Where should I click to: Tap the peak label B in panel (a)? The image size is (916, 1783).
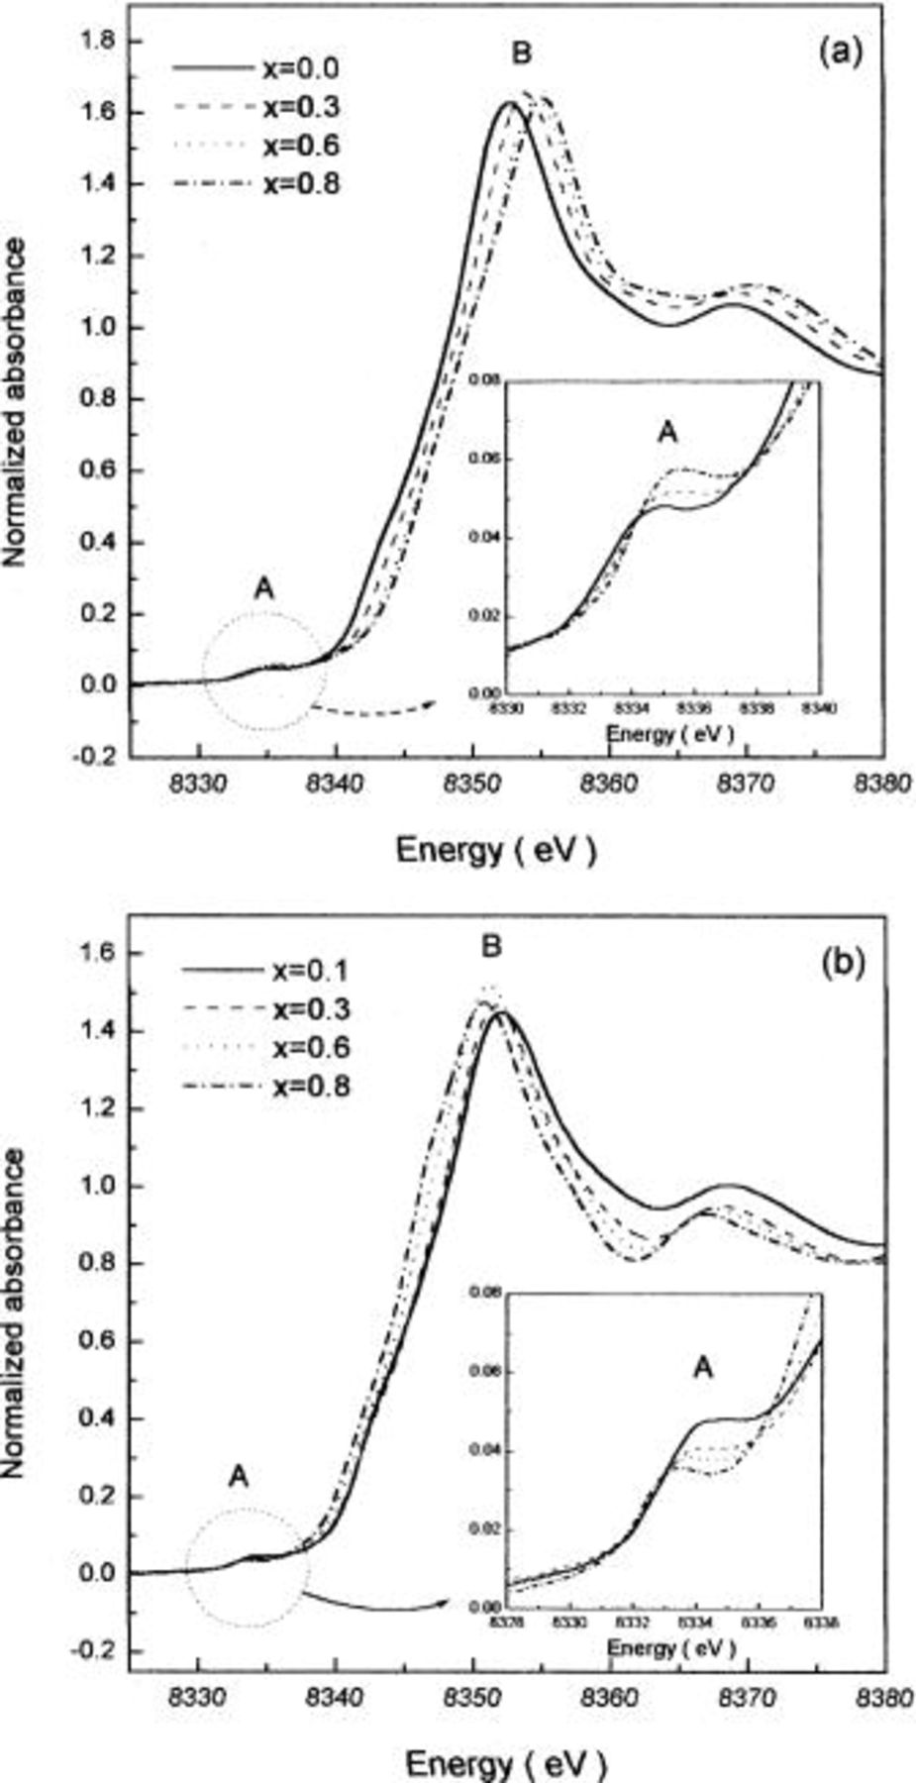521,54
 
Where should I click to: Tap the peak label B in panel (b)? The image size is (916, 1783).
490,947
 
